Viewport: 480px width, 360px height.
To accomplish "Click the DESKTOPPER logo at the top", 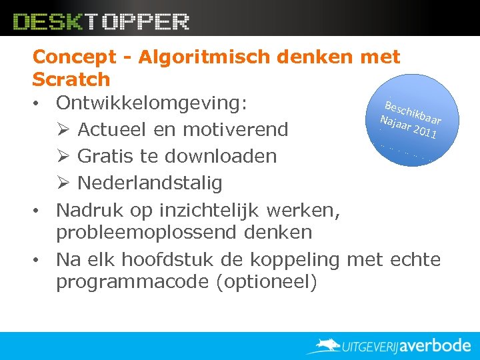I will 101,21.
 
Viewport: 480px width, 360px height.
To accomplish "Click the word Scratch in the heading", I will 71,79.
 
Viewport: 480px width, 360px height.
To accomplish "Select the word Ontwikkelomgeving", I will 151,103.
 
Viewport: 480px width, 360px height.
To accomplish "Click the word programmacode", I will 133,281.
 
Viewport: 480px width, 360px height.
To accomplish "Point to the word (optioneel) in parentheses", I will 267,281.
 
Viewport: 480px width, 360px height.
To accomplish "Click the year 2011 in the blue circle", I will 425,133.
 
